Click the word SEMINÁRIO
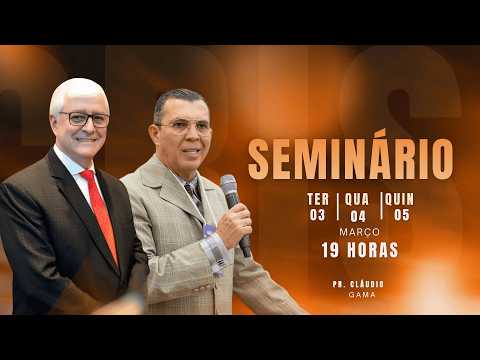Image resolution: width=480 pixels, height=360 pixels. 350,159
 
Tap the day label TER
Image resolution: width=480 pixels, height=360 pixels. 317,199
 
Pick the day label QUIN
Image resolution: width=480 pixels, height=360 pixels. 399,199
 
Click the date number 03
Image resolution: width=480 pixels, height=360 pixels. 317,214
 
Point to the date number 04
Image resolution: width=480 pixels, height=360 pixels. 358,214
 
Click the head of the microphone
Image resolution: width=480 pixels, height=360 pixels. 229,187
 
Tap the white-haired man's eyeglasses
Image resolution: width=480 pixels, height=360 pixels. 84,119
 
